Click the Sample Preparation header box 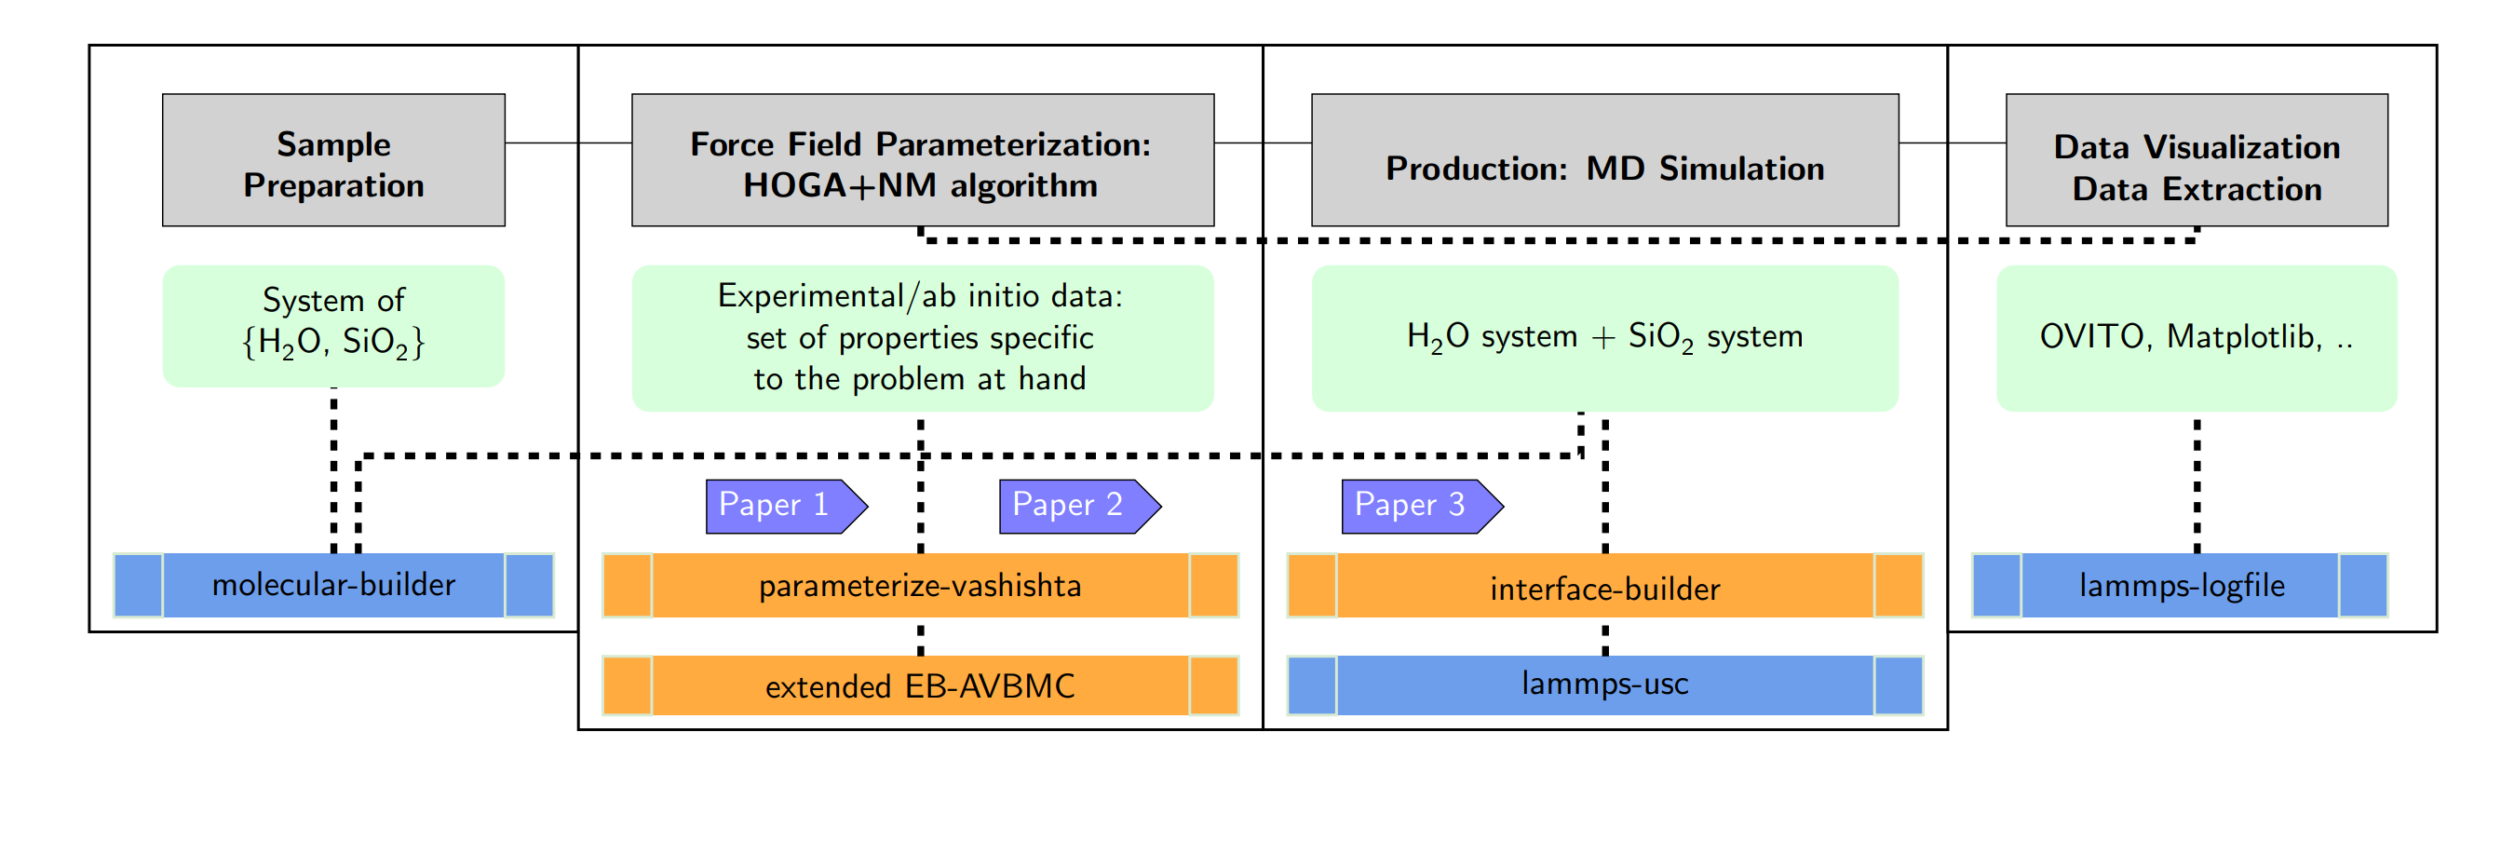(333, 161)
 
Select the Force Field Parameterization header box (922, 161)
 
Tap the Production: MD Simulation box (1604, 161)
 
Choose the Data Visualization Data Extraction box (2197, 161)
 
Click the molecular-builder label (333, 585)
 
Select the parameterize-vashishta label (919, 586)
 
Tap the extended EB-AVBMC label (919, 686)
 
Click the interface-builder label (1604, 589)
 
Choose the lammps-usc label (1604, 685)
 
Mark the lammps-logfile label (2181, 586)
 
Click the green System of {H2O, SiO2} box (333, 326)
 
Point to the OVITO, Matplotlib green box (2197, 338)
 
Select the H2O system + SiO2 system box (1604, 338)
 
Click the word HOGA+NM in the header (839, 185)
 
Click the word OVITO (2090, 337)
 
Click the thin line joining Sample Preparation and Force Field (568, 142)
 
